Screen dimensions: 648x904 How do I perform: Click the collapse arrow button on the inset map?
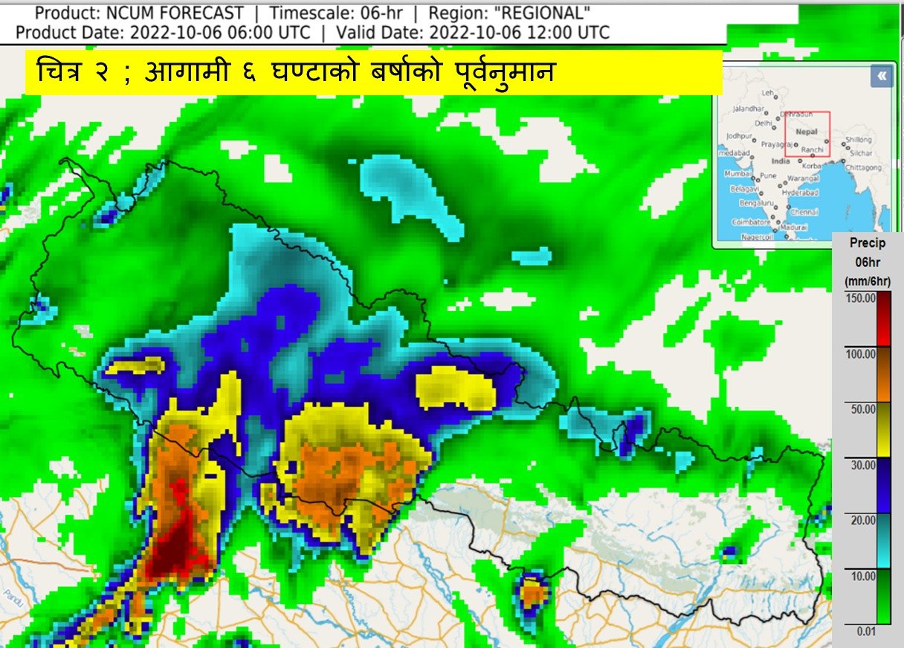click(881, 76)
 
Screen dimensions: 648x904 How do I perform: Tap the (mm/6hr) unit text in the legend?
click(868, 280)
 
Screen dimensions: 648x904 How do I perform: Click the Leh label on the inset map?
click(768, 93)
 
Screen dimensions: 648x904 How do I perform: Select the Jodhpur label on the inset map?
click(740, 136)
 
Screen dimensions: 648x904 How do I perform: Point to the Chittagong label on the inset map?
click(863, 167)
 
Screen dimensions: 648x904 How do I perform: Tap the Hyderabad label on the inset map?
click(800, 192)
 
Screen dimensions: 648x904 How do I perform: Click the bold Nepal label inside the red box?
click(807, 131)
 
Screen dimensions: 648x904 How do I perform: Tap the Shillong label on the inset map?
click(859, 139)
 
